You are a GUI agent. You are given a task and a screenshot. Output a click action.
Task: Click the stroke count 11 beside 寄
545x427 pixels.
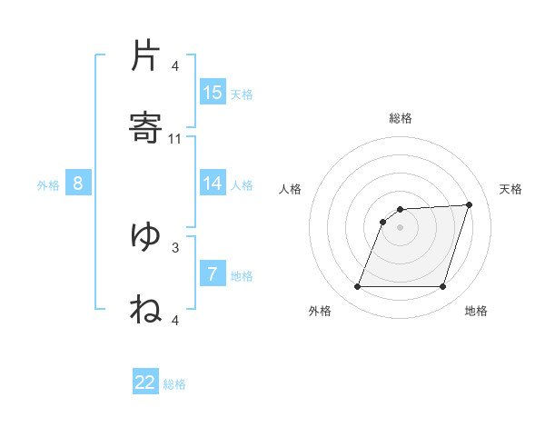point(175,139)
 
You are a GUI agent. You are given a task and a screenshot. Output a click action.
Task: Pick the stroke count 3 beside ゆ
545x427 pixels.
point(175,246)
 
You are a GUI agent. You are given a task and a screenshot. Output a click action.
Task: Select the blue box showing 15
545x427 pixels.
point(213,93)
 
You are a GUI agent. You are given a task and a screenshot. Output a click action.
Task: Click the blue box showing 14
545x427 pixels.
point(213,184)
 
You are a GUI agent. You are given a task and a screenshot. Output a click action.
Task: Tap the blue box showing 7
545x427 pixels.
point(213,274)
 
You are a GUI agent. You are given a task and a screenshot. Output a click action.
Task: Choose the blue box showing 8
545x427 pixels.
point(78,184)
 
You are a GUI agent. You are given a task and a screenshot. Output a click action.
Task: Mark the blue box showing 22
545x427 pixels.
point(145,382)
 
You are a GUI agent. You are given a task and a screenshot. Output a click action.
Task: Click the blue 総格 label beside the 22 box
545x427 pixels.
point(174,384)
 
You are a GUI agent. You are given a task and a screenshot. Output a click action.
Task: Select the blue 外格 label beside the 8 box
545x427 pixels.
point(48,185)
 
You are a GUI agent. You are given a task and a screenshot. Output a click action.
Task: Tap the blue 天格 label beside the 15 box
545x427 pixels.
point(242,94)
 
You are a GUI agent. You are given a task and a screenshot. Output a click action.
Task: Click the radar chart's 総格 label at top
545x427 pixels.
point(401,118)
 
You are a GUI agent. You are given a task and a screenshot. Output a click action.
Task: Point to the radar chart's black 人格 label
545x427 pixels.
point(290,189)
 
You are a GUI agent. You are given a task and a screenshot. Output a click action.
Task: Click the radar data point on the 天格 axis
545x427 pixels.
point(470,204)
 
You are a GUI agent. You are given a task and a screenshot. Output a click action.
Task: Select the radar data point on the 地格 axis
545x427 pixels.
point(443,287)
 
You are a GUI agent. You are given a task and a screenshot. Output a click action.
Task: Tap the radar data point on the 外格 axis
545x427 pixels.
point(357,287)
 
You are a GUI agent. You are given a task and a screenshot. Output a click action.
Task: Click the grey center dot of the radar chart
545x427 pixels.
point(401,227)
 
